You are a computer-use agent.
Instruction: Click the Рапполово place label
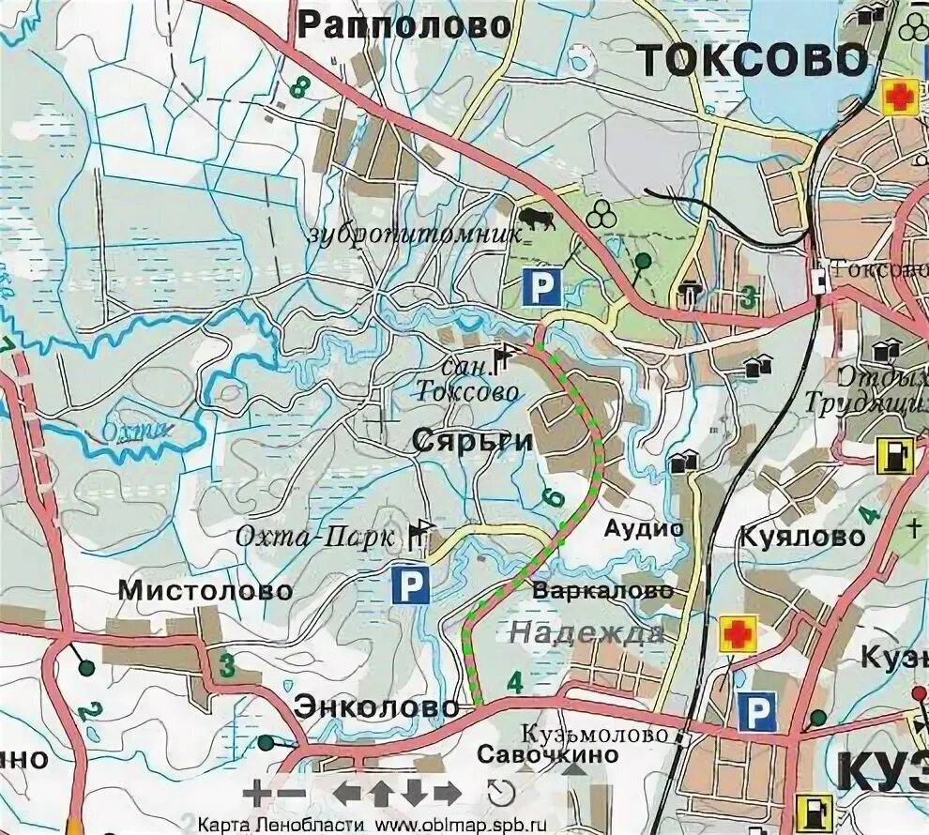pos(404,26)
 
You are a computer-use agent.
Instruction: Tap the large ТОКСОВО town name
pos(753,60)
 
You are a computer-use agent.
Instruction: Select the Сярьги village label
pos(472,443)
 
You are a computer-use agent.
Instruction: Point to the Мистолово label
pos(206,591)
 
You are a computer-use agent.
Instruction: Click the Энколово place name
pos(377,707)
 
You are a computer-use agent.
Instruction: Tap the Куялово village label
pos(802,537)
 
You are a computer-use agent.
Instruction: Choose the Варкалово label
pos(602,591)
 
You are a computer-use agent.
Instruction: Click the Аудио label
pos(644,528)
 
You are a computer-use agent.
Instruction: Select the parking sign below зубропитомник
pos(541,286)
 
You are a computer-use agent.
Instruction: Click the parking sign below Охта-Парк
pos(410,586)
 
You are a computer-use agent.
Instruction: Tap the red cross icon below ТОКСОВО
pos(900,97)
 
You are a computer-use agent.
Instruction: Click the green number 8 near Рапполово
pos(300,88)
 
